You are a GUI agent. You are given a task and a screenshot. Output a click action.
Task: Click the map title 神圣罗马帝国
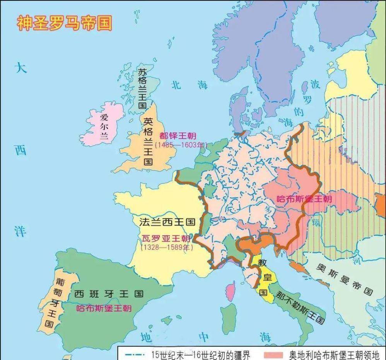pos(64,23)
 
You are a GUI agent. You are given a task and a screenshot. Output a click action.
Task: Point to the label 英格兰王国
pos(148,141)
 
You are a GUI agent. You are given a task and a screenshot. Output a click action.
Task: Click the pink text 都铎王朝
pos(178,136)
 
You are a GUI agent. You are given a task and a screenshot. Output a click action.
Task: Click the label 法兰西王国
pos(167,222)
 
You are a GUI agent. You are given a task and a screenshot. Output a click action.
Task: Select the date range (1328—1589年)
pos(166,247)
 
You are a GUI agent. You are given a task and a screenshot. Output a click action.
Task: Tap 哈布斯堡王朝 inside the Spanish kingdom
pos(104,308)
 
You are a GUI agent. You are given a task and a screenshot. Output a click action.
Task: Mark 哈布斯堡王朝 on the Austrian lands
pos(305,199)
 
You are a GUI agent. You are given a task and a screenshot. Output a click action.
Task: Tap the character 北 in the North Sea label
pos(176,85)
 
